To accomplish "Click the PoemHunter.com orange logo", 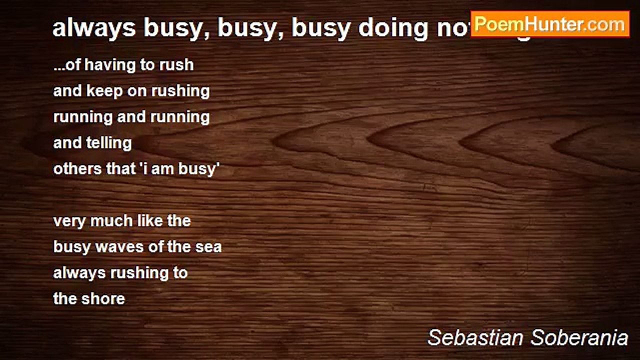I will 550,24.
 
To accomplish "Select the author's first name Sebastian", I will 475,338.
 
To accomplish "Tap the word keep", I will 107,91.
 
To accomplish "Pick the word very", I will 69,221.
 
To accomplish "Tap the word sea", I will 208,247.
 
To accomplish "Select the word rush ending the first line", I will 176,65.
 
